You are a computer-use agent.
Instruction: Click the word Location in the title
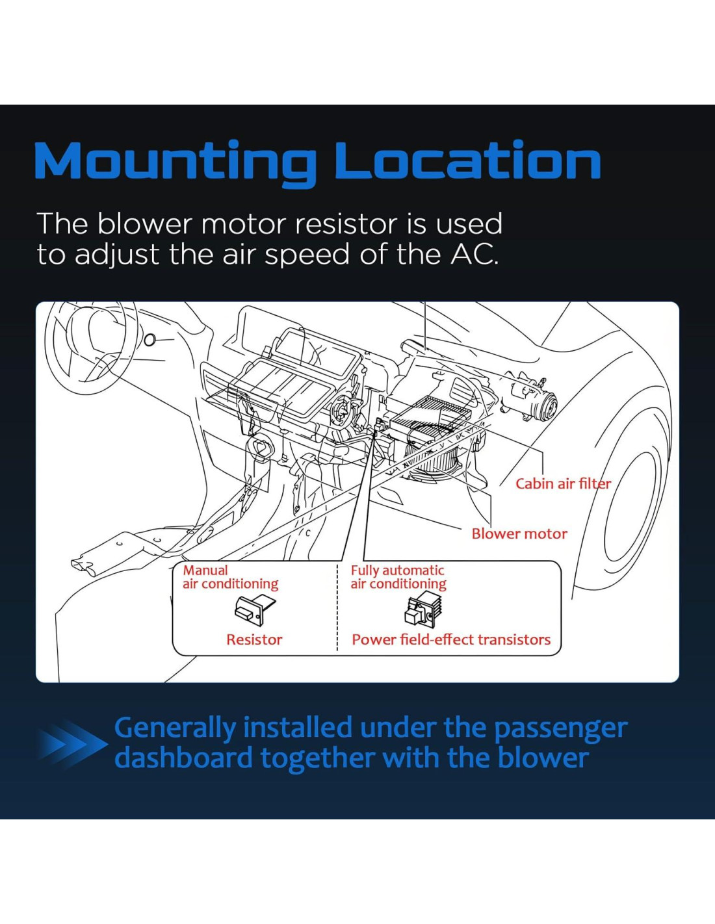467,161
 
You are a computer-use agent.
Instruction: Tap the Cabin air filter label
563,483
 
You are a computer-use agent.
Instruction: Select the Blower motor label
519,533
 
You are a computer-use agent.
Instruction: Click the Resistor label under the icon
254,639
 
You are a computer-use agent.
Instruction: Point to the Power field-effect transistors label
450,639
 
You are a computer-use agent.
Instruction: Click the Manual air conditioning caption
230,577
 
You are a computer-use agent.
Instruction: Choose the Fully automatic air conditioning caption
398,577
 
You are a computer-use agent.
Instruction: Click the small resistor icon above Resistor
254,610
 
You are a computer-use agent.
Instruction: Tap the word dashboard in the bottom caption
183,758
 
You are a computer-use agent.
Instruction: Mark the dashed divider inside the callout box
337,608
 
